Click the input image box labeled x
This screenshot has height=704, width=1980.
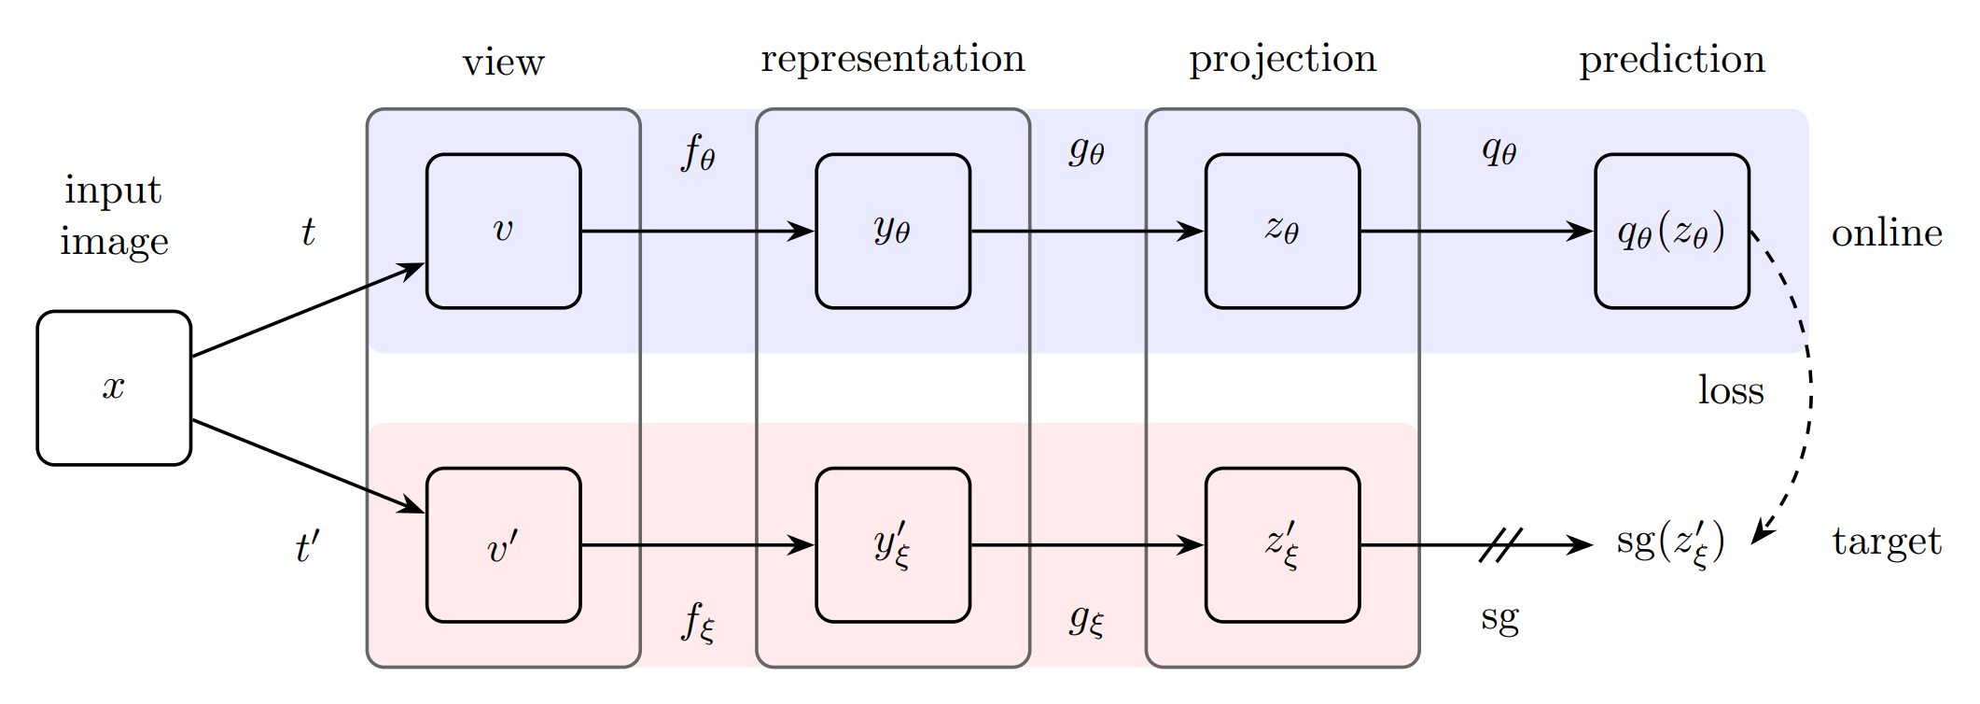[x=114, y=387]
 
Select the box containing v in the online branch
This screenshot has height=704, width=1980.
[x=503, y=231]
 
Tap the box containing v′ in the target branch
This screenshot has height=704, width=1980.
[x=503, y=544]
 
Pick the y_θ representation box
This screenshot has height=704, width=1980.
[x=892, y=231]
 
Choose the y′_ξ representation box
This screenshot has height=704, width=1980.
[x=892, y=544]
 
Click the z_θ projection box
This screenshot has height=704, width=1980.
[x=1282, y=231]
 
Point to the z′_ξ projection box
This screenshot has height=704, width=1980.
[x=1282, y=544]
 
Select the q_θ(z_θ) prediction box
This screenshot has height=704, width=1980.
[x=1671, y=231]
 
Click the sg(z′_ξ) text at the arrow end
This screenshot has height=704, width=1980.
[x=1670, y=543]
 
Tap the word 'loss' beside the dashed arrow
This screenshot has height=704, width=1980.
[x=1731, y=390]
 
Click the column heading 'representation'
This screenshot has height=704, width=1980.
[x=892, y=59]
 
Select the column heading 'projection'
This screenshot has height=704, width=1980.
[x=1282, y=60]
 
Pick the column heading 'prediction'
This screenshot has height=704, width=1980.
[x=1671, y=60]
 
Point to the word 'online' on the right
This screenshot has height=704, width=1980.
[x=1887, y=232]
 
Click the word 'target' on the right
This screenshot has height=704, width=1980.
[x=1887, y=542]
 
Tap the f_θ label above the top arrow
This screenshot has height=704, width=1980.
[x=698, y=152]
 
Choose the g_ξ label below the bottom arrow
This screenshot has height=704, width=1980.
[x=1087, y=619]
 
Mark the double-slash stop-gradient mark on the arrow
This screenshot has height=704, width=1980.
[x=1500, y=544]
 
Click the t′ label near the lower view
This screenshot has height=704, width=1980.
[x=308, y=547]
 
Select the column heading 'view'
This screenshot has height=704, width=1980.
[x=503, y=63]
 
